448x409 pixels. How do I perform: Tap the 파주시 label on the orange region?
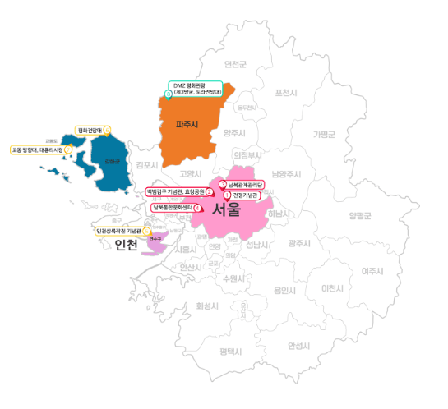point(188,125)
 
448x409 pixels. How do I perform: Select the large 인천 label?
point(127,246)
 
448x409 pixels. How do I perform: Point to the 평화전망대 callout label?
point(90,130)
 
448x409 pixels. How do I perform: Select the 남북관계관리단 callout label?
point(244,184)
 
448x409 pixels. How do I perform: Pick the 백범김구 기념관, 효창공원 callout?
point(175,191)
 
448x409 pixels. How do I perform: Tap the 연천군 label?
point(235,64)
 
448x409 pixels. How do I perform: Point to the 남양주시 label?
point(286,173)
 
